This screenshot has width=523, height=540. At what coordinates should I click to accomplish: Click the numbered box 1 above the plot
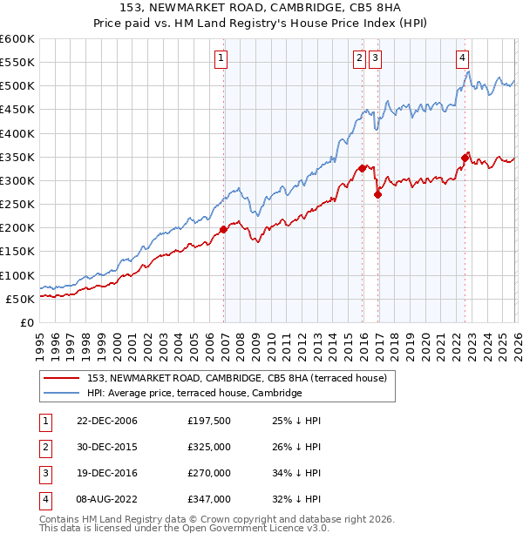221,58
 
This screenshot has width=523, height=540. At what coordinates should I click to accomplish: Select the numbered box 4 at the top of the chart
462,58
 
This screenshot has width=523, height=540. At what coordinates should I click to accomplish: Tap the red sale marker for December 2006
224,229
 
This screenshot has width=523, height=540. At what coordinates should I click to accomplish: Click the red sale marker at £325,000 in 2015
363,169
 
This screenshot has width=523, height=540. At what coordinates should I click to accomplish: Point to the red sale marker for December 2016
377,195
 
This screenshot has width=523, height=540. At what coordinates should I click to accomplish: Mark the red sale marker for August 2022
465,159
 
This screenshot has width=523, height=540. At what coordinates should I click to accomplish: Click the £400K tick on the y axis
17,133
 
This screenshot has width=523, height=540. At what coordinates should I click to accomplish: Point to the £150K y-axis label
17,251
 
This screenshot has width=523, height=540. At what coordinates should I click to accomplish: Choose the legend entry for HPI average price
194,393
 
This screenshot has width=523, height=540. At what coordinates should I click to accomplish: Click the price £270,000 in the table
208,473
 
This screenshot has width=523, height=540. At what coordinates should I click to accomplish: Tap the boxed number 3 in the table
43,473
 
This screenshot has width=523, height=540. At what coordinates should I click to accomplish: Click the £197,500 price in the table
208,421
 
